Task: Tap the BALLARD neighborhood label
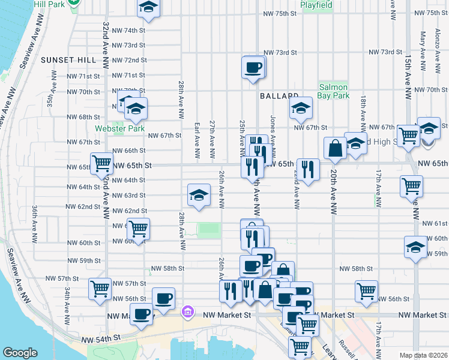279,96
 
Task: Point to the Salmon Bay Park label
334,91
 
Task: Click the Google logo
20,353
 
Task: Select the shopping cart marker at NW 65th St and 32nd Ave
101,163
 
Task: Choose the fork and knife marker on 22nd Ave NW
308,169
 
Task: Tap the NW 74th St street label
129,30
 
